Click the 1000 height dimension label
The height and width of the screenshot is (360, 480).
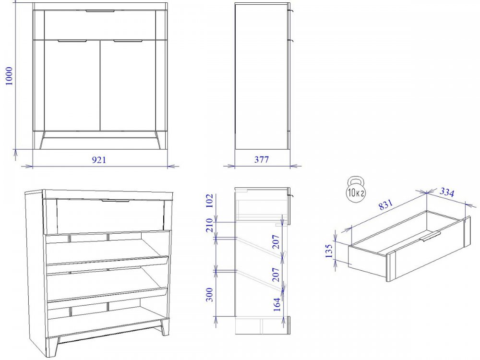click(9, 76)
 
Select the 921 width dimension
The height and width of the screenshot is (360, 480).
click(99, 159)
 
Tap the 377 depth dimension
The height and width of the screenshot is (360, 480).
click(262, 159)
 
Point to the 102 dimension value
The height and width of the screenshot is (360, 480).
click(210, 201)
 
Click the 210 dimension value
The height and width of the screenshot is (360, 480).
click(210, 225)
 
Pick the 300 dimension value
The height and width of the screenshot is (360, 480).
click(210, 295)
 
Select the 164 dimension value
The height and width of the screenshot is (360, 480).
click(277, 304)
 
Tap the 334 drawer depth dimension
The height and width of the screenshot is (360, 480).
click(447, 192)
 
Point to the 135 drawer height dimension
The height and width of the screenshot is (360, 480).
click(329, 251)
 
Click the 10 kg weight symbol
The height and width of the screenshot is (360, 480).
click(356, 189)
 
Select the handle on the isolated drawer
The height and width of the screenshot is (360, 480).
click(431, 236)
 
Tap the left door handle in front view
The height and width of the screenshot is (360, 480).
click(72, 41)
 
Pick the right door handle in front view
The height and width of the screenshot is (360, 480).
click(128, 41)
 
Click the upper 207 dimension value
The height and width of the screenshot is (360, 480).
click(276, 241)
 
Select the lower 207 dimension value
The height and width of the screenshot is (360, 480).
click(276, 275)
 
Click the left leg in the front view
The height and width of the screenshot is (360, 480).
click(42, 140)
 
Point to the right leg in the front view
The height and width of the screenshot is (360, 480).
click(158, 140)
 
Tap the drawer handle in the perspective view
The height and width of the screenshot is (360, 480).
click(116, 201)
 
